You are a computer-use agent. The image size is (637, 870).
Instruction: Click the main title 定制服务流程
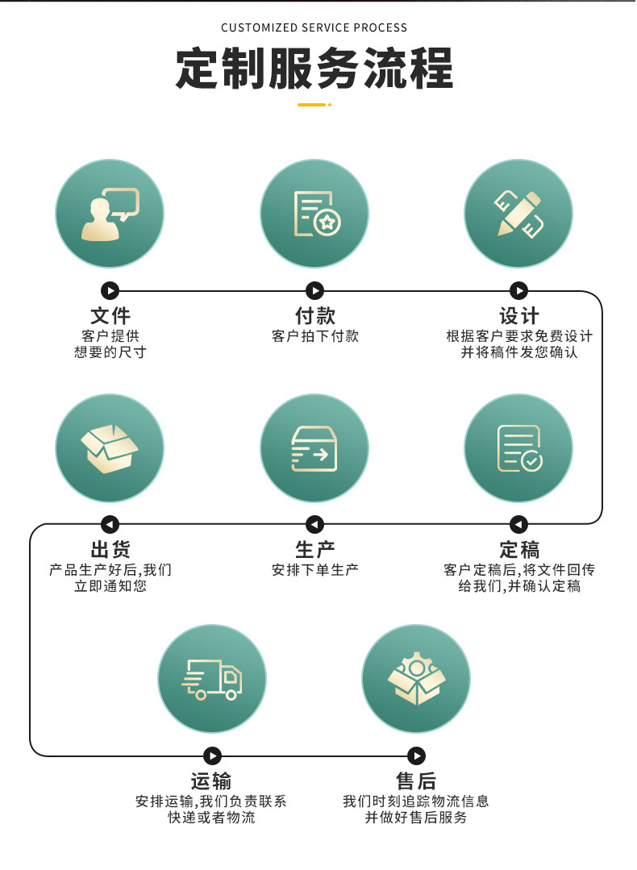pos(314,69)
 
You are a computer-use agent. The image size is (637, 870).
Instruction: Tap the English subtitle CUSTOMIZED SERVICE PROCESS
pos(314,27)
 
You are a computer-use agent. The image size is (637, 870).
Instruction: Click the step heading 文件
pos(110,315)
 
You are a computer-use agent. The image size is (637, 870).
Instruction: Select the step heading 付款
pos(314,315)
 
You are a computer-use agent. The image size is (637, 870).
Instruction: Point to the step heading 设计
pos(519,315)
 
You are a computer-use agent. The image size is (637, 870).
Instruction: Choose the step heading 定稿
pos(519,550)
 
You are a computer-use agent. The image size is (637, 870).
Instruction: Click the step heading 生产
pos(314,550)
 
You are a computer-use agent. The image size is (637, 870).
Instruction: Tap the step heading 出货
pos(110,550)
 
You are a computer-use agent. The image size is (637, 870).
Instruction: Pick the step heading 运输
pos(211,781)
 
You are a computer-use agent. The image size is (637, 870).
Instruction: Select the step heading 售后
pos(416,781)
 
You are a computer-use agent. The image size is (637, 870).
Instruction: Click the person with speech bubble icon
pos(110,214)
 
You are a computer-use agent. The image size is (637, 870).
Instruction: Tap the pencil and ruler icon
pos(518,214)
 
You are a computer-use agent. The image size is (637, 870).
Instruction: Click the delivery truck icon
pos(212,679)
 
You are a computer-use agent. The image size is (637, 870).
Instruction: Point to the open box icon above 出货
pos(110,448)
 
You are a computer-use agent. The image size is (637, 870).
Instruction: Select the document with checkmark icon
pos(518,448)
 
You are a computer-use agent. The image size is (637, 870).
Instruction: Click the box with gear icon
pos(416,679)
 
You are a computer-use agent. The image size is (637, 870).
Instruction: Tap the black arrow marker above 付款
pos(314,290)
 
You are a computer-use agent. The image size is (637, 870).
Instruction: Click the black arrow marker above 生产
pos(314,524)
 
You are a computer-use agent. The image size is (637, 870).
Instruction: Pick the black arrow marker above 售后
pos(416,756)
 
